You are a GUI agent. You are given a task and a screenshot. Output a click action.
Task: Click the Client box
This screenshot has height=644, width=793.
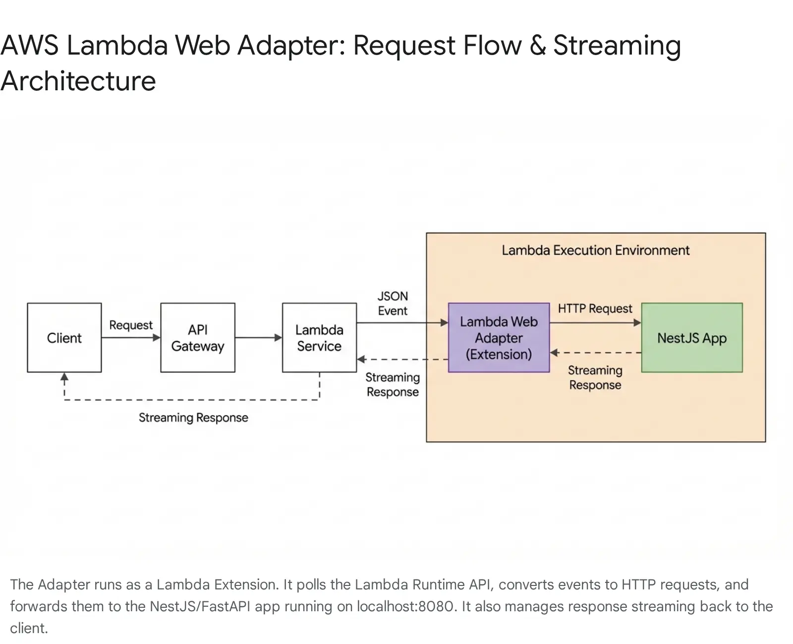(64, 338)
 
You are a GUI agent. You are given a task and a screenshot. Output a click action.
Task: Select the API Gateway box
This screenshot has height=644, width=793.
(198, 338)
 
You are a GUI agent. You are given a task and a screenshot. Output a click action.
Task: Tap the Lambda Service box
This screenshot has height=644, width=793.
(319, 338)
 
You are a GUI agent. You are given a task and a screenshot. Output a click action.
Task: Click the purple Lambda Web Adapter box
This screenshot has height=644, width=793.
(499, 338)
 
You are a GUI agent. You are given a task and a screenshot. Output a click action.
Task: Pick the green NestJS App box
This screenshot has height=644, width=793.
(692, 338)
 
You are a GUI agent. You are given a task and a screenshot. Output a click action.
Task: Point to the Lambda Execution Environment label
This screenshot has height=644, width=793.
(595, 250)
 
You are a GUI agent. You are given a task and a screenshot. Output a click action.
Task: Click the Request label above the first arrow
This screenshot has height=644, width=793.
(131, 325)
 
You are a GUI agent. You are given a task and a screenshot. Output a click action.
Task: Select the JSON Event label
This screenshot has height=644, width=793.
(393, 303)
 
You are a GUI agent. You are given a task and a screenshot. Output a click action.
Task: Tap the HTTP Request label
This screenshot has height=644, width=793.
(595, 309)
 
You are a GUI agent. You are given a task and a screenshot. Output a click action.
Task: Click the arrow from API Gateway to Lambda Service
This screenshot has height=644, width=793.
(258, 338)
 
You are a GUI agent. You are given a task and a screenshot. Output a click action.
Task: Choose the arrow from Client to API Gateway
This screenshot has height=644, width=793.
(131, 338)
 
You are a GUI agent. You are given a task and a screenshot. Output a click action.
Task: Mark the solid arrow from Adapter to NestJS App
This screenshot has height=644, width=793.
(595, 323)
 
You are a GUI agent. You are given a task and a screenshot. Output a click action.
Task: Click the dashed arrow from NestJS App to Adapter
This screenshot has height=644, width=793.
(595, 353)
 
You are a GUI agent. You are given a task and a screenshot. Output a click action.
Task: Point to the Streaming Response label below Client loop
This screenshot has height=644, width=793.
(193, 418)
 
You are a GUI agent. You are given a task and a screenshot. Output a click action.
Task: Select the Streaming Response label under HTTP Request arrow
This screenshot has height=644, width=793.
(595, 378)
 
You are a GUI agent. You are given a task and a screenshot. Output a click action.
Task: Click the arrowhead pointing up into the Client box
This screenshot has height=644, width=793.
(64, 377)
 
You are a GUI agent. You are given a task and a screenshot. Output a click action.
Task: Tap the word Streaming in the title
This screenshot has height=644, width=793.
(617, 46)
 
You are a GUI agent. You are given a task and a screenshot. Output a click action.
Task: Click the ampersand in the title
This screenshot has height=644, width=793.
(538, 46)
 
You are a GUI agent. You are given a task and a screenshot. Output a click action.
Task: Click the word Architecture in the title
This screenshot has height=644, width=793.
(78, 81)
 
